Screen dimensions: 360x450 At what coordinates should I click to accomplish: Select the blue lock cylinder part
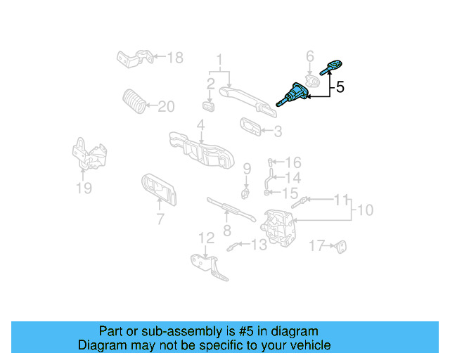tap(295, 94)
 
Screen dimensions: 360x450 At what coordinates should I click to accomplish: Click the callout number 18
tap(174, 58)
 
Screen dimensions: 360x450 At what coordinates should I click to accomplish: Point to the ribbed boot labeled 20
tap(134, 101)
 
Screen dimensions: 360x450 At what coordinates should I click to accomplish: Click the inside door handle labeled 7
tap(158, 188)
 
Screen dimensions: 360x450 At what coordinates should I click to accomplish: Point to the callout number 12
tap(205, 238)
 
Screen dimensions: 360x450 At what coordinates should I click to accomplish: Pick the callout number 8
tap(226, 230)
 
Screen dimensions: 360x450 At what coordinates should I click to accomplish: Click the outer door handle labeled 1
tap(243, 94)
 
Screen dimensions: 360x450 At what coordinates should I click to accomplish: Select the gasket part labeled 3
tap(250, 127)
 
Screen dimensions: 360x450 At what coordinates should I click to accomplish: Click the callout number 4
tap(200, 125)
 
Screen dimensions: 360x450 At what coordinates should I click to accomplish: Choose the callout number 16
tap(292, 162)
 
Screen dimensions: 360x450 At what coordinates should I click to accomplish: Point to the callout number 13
tap(259, 245)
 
